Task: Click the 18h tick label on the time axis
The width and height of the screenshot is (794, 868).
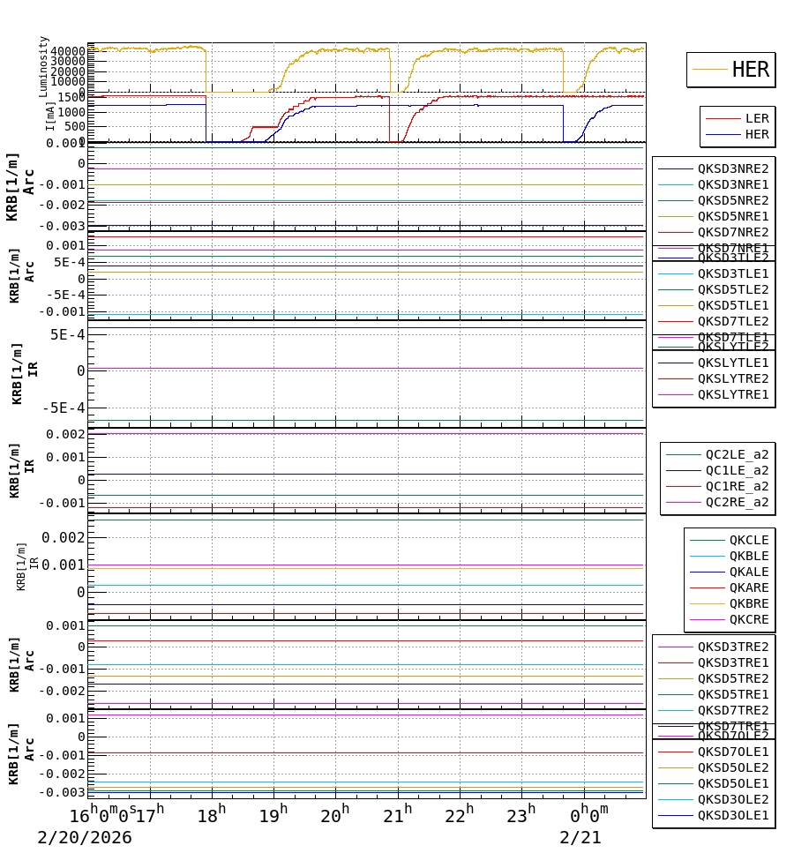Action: pyautogui.click(x=211, y=815)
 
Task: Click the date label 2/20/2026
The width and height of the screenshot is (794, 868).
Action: pyautogui.click(x=85, y=838)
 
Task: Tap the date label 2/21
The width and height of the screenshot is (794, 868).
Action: pyautogui.click(x=581, y=838)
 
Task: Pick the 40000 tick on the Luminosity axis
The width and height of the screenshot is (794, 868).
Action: pyautogui.click(x=68, y=51)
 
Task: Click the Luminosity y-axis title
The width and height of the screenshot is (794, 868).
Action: pyautogui.click(x=43, y=66)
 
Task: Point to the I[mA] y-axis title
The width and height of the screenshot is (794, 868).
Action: pyautogui.click(x=50, y=116)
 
